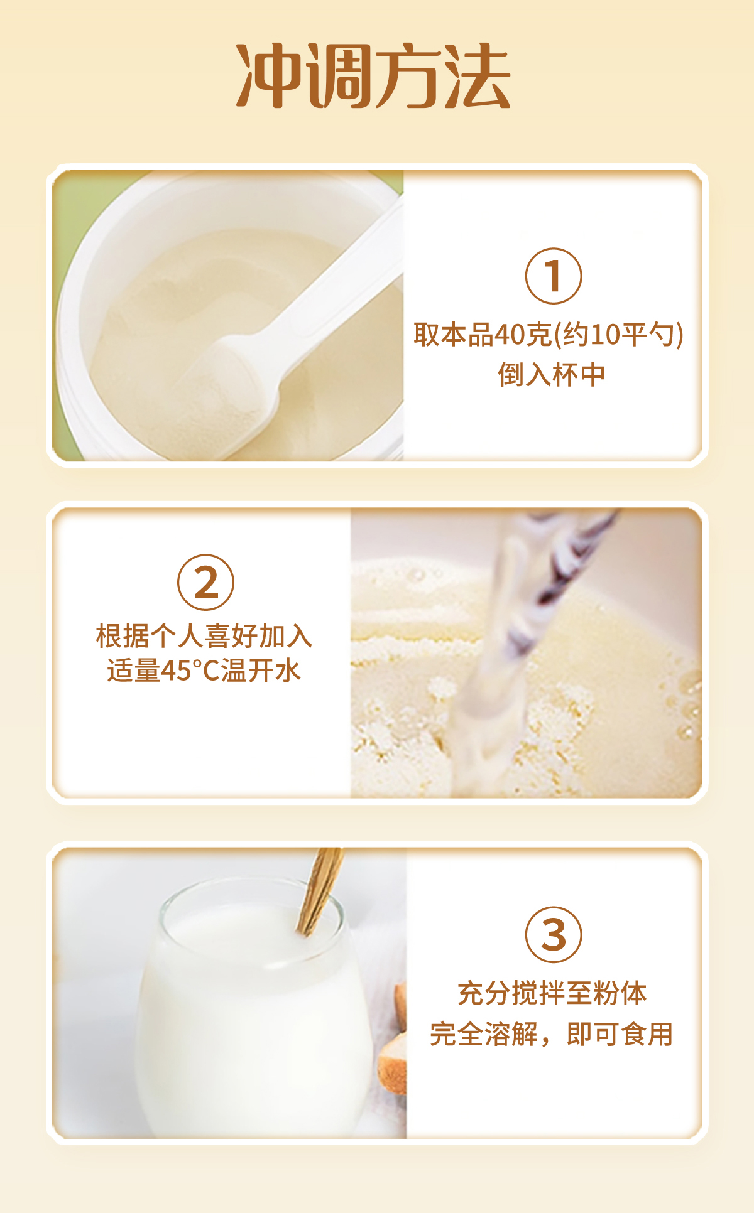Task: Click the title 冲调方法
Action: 373,76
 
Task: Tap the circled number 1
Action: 554,276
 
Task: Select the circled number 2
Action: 205,582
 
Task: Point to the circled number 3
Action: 554,935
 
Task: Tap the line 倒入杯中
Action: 552,375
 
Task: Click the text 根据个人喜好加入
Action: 204,635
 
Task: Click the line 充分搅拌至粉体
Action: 552,993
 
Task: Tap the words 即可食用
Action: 620,1034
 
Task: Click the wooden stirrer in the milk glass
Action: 320,892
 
